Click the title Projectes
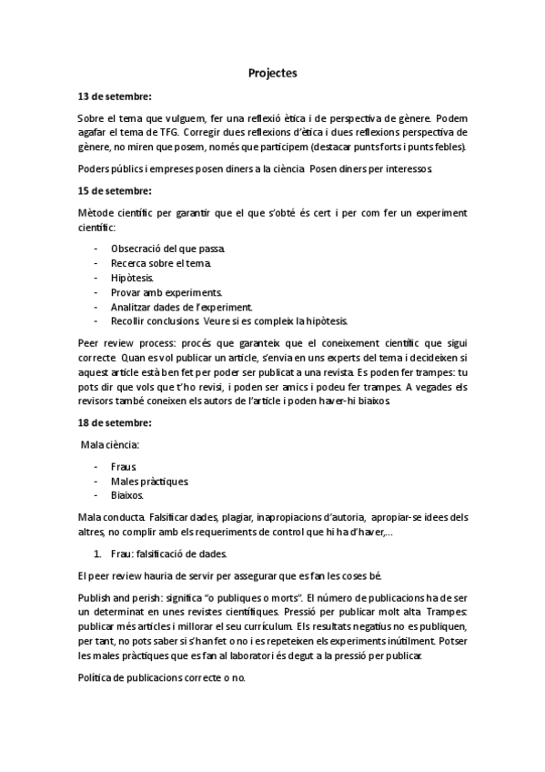pyautogui.click(x=272, y=73)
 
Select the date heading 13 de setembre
pyautogui.click(x=115, y=96)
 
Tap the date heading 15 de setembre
pyautogui.click(x=115, y=190)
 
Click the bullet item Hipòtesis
pyautogui.click(x=133, y=278)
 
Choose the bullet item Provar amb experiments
pyautogui.click(x=167, y=292)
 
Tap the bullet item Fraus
pyautogui.click(x=124, y=465)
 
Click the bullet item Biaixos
pyautogui.click(x=128, y=495)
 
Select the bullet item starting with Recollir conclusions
pyautogui.click(x=227, y=321)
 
